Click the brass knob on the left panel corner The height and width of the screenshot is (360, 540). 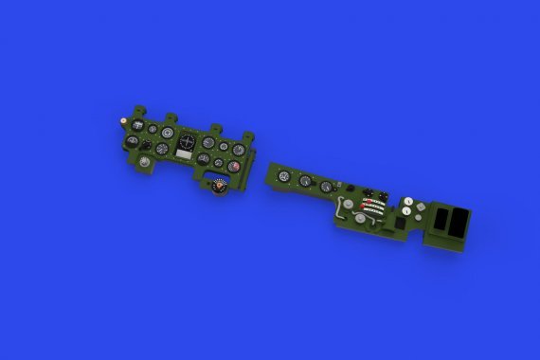[x=125, y=121]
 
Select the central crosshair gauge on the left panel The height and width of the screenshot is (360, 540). [x=188, y=141]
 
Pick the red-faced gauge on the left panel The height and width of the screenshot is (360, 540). [x=233, y=167]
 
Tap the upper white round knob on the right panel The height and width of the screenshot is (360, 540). [x=407, y=202]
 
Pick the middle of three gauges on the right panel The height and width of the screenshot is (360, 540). [x=305, y=180]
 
